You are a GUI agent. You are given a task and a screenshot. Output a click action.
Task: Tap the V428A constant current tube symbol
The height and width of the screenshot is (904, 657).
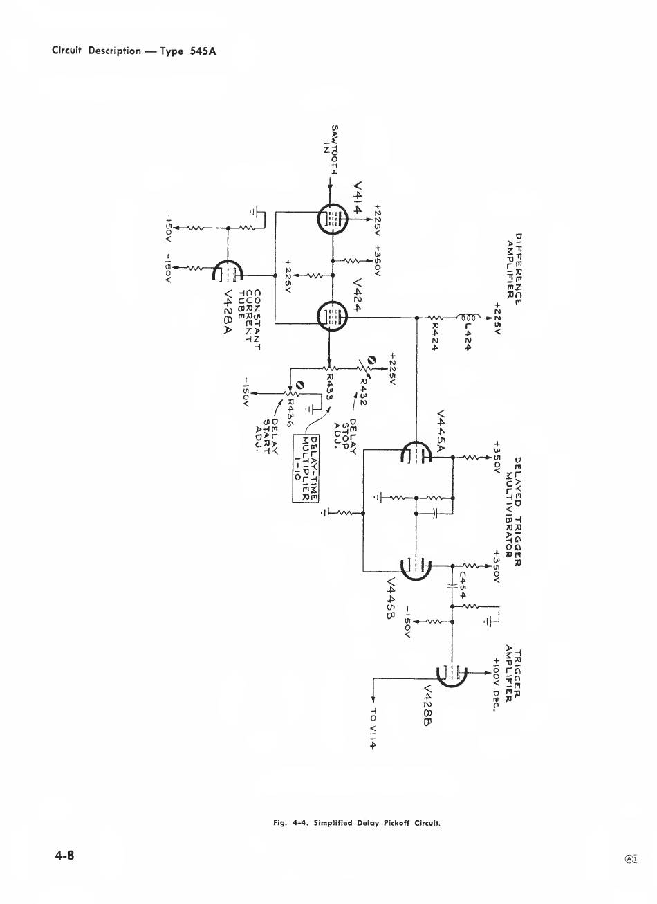click(x=228, y=273)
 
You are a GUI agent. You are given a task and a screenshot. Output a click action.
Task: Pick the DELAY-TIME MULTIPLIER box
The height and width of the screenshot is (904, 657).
click(x=306, y=467)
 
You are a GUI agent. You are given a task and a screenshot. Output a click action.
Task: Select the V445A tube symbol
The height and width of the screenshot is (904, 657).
click(x=416, y=456)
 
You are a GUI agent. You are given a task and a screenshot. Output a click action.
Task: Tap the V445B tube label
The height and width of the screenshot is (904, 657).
click(x=391, y=600)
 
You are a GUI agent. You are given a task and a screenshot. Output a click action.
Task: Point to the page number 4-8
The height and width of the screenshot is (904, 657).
click(x=65, y=855)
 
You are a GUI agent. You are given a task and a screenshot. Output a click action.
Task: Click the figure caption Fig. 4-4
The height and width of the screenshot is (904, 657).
click(x=357, y=823)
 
